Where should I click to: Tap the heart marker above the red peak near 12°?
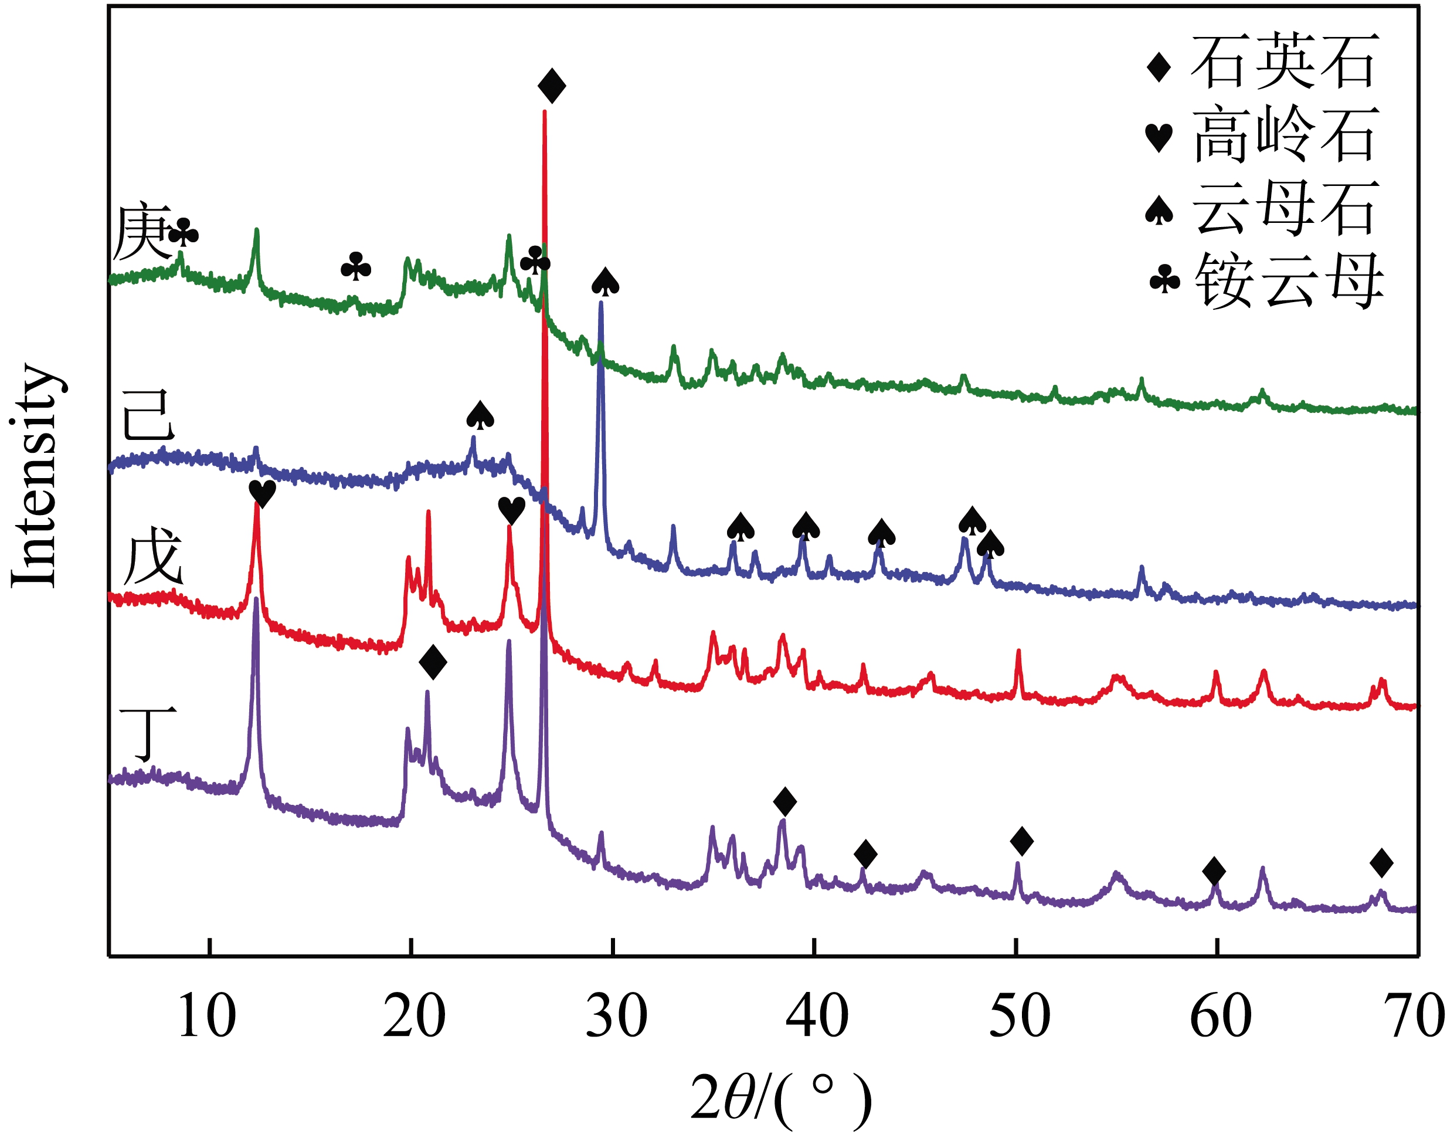261,494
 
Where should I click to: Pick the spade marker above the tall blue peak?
605,282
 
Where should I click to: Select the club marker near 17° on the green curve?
355,266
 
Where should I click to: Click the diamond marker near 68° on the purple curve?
1382,863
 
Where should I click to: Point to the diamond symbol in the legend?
1159,67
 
